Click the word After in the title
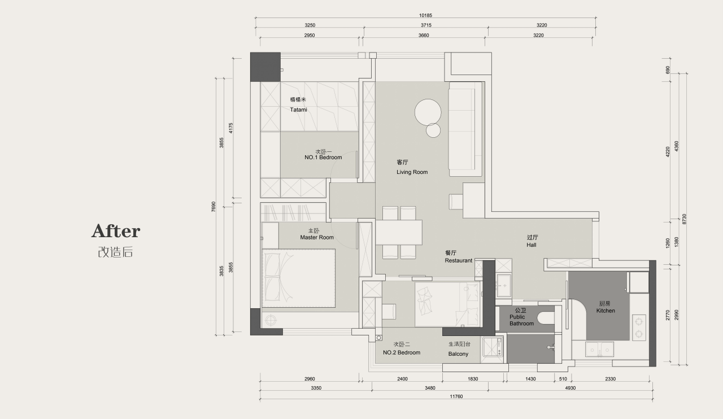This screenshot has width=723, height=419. pyautogui.click(x=116, y=231)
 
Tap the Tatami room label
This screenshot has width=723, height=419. pyautogui.click(x=299, y=110)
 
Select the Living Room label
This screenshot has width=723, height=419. pyautogui.click(x=412, y=172)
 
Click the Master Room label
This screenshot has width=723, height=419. pyautogui.click(x=317, y=237)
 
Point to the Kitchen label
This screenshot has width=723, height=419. pyautogui.click(x=606, y=311)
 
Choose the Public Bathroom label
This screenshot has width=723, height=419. pyautogui.click(x=521, y=320)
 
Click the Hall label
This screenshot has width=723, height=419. pyautogui.click(x=532, y=245)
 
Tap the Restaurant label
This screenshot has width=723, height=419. pyautogui.click(x=458, y=260)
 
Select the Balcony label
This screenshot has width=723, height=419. pyautogui.click(x=458, y=354)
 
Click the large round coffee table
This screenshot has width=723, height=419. pyautogui.click(x=428, y=112)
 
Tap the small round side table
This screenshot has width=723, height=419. pyautogui.click(x=433, y=130)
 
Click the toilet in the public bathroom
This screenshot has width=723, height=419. pyautogui.click(x=546, y=318)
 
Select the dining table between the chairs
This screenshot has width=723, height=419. pyautogui.click(x=399, y=232)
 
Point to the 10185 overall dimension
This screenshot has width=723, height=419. pyautogui.click(x=425, y=15)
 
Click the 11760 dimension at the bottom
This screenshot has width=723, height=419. pyautogui.click(x=456, y=396)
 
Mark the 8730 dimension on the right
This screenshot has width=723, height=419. pyautogui.click(x=684, y=219)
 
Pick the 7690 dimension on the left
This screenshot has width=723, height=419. pyautogui.click(x=214, y=207)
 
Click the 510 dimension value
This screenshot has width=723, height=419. pyautogui.click(x=563, y=379)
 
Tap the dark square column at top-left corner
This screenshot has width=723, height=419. pyautogui.click(x=265, y=67)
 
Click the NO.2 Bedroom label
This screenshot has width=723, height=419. pyautogui.click(x=402, y=352)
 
